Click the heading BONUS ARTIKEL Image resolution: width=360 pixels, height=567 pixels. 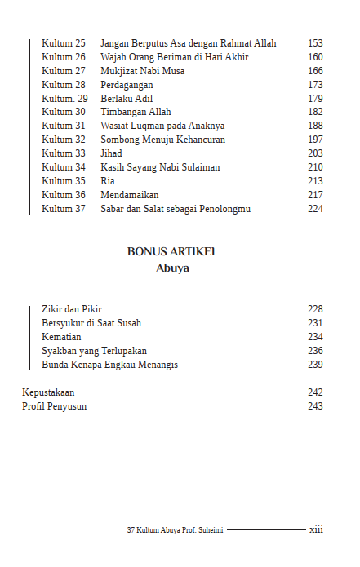172,252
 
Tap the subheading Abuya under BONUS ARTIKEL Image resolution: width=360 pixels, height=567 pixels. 172,268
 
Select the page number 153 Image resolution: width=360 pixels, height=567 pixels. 315,43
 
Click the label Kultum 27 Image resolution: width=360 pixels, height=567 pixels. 64,71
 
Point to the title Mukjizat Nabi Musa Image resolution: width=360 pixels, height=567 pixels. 142,71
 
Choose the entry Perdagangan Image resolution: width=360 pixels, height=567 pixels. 127,85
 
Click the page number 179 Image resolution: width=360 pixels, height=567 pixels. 315,99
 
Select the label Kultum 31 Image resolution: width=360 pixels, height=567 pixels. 64,126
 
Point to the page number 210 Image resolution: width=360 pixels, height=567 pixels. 315,167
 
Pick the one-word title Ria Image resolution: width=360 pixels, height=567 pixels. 107,181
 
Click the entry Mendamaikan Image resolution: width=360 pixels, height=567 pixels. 129,195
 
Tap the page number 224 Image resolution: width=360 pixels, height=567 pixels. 315,209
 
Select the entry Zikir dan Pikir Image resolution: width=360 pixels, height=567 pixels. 77,309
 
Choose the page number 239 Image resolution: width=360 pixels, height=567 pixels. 315,365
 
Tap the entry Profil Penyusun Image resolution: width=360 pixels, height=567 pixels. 54,406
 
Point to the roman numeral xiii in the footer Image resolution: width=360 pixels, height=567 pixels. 316,529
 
